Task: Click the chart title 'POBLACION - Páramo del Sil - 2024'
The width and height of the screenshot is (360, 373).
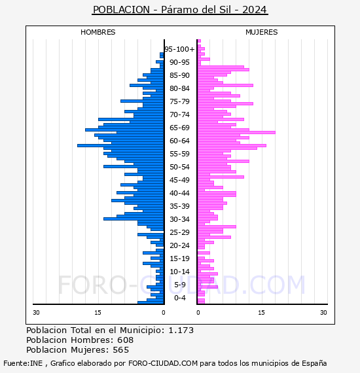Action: tap(180, 10)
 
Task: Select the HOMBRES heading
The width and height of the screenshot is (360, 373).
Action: tap(98, 32)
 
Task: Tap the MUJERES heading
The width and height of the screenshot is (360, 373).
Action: tap(262, 32)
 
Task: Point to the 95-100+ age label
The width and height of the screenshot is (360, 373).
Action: tap(179, 49)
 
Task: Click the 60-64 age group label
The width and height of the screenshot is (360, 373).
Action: tap(179, 141)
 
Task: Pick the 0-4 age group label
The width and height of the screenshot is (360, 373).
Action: tap(179, 298)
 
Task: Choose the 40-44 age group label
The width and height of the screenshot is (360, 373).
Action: tap(179, 193)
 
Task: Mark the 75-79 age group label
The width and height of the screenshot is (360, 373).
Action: tap(179, 101)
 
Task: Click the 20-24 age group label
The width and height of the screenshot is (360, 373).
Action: tap(179, 245)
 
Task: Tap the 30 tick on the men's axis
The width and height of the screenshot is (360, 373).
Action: tap(36, 312)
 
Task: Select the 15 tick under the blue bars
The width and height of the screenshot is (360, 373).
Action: tap(98, 312)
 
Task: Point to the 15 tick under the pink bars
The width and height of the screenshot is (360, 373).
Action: tap(262, 312)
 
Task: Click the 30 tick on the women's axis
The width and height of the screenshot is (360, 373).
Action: tap(323, 312)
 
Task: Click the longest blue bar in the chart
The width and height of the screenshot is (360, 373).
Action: tap(120, 145)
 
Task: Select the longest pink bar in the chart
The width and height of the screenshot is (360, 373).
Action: tap(236, 132)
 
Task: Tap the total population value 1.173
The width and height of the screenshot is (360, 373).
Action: tap(181, 330)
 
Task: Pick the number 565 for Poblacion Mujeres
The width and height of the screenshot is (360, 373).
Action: tap(121, 349)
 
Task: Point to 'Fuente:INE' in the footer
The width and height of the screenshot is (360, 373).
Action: tap(23, 363)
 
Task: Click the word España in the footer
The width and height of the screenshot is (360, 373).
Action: tap(314, 364)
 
